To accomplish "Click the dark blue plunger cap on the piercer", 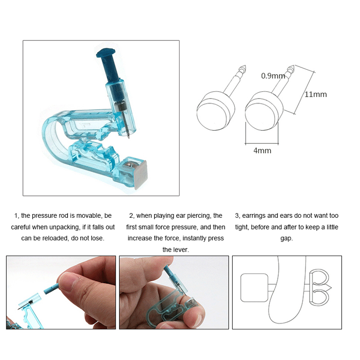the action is click(x=106, y=53).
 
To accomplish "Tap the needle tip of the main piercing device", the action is click(x=129, y=138).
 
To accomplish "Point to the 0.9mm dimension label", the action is click(x=273, y=76).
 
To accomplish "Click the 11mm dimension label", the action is click(x=316, y=94).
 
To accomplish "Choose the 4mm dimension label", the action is click(x=262, y=150).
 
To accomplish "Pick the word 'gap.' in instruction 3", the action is click(x=287, y=238).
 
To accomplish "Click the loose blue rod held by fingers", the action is click(x=51, y=288).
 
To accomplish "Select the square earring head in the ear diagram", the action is click(x=254, y=288).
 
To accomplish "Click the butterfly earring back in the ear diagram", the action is click(x=319, y=288).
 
